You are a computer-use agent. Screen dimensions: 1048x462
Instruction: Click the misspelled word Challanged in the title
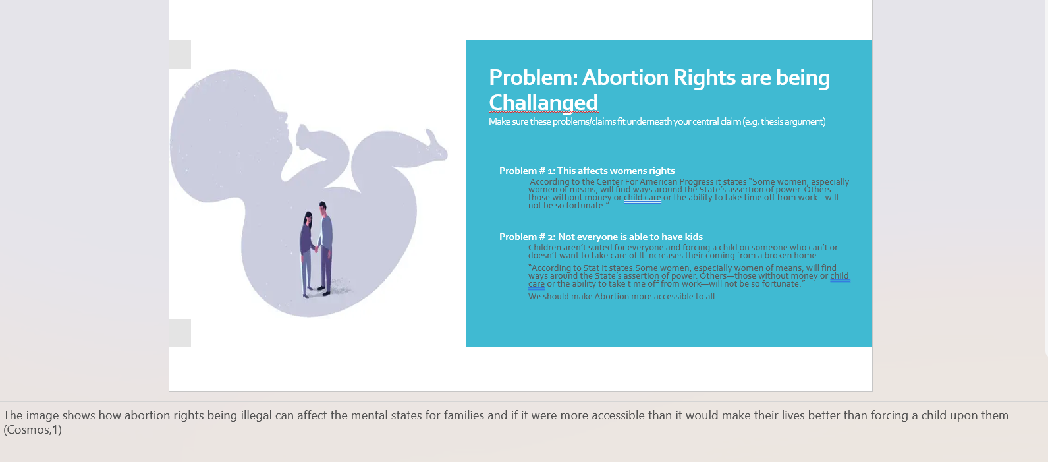543,103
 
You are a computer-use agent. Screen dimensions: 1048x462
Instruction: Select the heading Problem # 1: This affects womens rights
587,171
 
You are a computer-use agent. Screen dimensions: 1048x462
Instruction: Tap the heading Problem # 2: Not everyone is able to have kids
601,237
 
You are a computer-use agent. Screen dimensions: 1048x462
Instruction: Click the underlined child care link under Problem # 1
642,198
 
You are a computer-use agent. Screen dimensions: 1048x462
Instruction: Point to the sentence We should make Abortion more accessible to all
621,297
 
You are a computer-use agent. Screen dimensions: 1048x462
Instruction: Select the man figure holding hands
325,248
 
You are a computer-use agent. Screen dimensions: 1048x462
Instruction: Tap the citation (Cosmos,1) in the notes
32,430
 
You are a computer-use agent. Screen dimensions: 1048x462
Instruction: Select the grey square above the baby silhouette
180,54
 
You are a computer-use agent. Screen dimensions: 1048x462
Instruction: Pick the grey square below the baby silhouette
180,333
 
